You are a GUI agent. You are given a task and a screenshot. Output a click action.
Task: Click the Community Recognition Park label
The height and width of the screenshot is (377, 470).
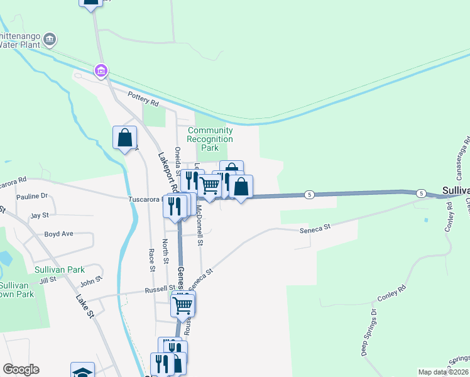pos(210,139)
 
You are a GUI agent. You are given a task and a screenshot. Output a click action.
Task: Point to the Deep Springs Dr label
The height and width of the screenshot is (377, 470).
pos(368,332)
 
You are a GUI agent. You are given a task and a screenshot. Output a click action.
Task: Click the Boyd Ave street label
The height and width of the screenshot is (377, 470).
pos(58,234)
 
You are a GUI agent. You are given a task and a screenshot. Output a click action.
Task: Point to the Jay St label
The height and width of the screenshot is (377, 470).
pos(40,215)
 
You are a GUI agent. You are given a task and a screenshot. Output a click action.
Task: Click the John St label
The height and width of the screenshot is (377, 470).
pos(90,279)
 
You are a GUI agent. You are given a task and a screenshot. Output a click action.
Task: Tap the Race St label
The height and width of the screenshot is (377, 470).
pos(152,260)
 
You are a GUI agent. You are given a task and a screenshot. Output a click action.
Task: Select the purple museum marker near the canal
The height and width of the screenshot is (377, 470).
pos(101,71)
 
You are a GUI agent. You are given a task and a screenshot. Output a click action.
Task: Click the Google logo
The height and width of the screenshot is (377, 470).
pos(21,369)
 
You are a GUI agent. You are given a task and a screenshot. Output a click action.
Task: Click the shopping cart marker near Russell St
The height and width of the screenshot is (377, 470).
pos(182,305)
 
